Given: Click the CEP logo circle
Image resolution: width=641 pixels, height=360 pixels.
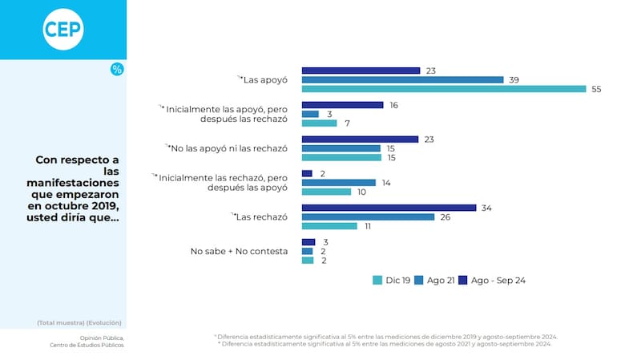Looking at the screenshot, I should point(62,30).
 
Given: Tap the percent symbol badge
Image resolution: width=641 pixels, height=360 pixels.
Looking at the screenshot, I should point(117,70).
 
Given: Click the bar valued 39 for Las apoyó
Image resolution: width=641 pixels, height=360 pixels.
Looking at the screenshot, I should point(402,79).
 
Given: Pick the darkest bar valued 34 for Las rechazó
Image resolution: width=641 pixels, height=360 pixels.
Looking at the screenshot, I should point(389,208).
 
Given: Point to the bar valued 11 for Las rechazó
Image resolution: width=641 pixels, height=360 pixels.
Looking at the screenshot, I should point(329,226).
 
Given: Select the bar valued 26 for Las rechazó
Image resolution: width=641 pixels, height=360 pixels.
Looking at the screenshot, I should point(368,216).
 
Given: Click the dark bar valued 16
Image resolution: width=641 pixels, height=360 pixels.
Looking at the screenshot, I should point(342,105).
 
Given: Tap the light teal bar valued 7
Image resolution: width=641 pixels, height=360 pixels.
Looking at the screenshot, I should point(319,123).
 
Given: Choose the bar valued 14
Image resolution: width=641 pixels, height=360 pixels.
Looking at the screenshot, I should point(338,183).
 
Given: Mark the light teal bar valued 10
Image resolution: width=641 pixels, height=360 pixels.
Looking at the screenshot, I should point(326,192).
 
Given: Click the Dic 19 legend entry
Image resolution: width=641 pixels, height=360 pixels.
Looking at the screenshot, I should point(393,280).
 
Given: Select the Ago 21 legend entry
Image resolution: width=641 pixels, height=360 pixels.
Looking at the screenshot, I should point(437,280).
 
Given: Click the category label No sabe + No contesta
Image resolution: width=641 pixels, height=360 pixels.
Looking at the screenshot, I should point(239,251).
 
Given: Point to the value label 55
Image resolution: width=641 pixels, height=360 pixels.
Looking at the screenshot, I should point(596,89).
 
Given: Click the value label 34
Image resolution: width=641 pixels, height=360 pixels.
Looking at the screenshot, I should point(486,208).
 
